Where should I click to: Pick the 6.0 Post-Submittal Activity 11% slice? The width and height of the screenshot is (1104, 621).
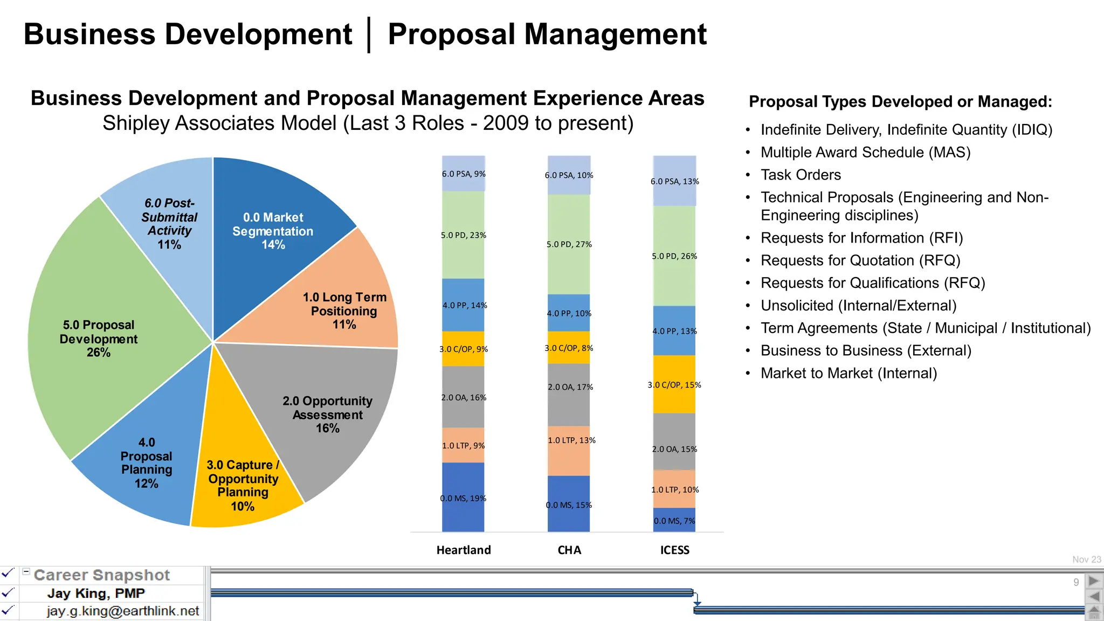click(x=169, y=224)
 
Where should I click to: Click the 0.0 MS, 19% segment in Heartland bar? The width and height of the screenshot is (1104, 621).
click(x=463, y=498)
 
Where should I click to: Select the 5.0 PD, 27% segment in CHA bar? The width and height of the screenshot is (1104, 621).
click(x=569, y=244)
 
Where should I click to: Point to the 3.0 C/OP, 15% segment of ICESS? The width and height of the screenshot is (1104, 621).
click(x=674, y=384)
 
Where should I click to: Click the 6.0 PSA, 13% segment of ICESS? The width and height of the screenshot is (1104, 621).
click(x=674, y=181)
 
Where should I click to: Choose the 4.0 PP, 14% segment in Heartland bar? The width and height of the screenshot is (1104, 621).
click(x=463, y=305)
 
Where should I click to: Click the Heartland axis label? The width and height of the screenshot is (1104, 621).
click(x=464, y=550)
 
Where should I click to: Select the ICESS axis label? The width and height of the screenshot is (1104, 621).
click(x=674, y=550)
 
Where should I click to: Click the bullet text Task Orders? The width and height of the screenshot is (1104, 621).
click(x=801, y=175)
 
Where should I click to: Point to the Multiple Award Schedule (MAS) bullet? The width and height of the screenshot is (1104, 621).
click(x=865, y=153)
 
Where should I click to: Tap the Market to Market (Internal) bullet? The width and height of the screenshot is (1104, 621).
click(x=848, y=373)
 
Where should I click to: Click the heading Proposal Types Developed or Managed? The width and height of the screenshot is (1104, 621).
click(x=900, y=101)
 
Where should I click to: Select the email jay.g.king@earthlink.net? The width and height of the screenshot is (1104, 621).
click(x=122, y=611)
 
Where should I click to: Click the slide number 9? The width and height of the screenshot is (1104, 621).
click(x=1076, y=582)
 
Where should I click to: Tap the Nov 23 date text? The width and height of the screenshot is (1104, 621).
click(x=1086, y=560)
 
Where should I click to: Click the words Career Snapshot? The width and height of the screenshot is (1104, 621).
click(x=102, y=575)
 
